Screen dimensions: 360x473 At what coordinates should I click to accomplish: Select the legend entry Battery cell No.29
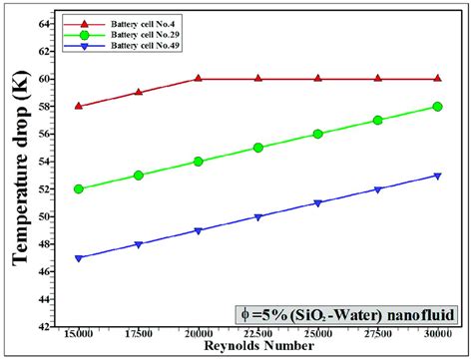(x=132, y=34)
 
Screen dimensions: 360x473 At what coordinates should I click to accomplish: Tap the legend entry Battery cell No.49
(x=132, y=46)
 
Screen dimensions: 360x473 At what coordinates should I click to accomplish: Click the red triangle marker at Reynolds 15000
(x=79, y=105)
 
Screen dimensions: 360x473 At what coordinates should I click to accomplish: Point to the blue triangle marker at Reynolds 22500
(x=257, y=216)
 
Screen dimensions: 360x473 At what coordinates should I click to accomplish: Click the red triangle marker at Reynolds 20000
(x=199, y=78)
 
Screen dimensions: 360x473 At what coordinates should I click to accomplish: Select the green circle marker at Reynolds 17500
(x=139, y=175)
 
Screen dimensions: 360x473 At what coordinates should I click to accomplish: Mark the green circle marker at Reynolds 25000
(x=317, y=134)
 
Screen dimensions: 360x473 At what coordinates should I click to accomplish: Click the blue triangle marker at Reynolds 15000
(x=79, y=258)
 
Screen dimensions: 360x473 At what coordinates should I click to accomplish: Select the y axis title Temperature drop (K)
(x=17, y=175)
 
